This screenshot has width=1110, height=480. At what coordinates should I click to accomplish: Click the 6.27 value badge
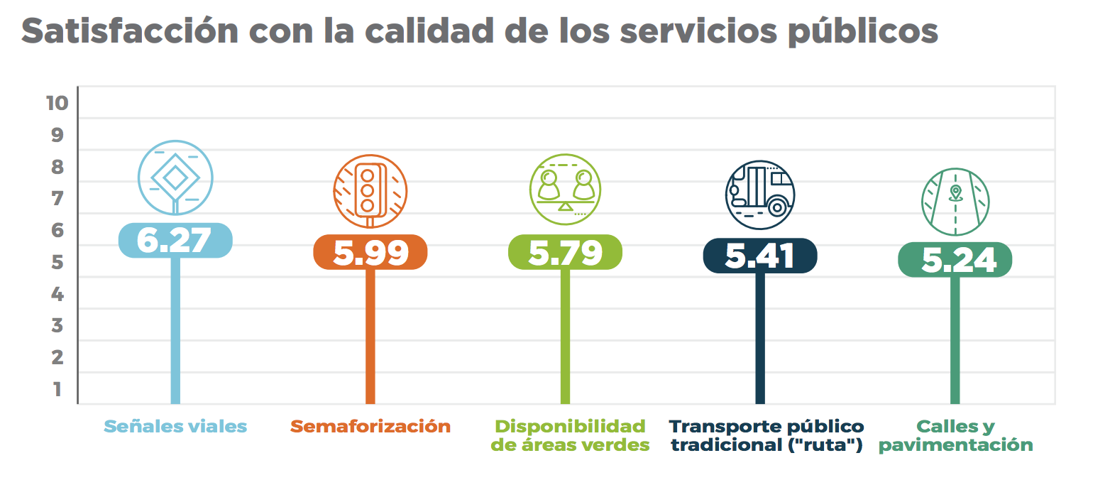click(x=175, y=240)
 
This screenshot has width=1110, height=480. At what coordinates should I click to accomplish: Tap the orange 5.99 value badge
click(x=370, y=253)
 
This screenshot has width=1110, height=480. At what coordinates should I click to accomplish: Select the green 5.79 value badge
click(x=565, y=252)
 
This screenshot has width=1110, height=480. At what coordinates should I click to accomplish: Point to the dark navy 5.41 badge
click(x=759, y=256)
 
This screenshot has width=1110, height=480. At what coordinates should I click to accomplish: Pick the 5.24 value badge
click(x=955, y=260)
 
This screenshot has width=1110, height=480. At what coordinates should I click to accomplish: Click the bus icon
click(x=759, y=195)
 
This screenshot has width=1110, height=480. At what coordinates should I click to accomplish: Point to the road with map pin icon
click(x=955, y=202)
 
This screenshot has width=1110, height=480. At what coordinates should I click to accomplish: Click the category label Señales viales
click(x=175, y=427)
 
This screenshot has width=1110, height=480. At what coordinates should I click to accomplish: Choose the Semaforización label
click(x=370, y=427)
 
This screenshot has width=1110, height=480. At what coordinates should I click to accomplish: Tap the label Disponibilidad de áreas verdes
click(x=571, y=435)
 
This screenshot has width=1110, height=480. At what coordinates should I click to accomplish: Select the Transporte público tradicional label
click(x=766, y=435)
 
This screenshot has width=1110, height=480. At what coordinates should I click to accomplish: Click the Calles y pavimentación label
click(x=956, y=435)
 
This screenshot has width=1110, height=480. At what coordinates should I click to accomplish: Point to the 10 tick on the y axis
click(x=57, y=103)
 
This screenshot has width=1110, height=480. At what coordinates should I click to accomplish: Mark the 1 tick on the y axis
click(x=57, y=389)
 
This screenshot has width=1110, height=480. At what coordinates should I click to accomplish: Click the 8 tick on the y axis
click(x=57, y=167)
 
